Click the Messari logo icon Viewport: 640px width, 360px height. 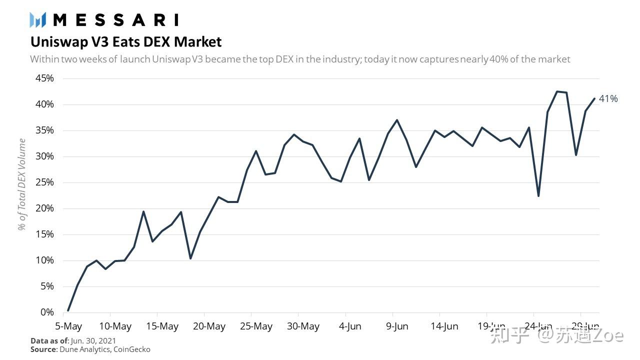(37, 20)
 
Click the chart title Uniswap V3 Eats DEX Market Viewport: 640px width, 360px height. (126, 41)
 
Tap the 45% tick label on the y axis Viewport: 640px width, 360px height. (44, 78)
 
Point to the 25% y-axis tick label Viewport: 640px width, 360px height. (44, 182)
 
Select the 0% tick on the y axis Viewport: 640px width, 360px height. (47, 312)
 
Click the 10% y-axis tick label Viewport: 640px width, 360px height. (44, 260)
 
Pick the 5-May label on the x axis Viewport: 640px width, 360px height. (68, 326)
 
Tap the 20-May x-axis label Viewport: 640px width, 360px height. (209, 326)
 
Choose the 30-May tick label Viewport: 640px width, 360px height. (303, 326)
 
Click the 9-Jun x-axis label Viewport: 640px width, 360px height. (397, 326)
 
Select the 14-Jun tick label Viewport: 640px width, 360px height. (444, 326)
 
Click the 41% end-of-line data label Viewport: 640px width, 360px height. (608, 99)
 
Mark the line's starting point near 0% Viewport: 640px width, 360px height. (68, 310)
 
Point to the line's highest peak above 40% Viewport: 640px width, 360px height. (557, 91)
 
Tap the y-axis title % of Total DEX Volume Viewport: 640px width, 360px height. (22, 184)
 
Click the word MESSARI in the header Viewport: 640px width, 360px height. (115, 20)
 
